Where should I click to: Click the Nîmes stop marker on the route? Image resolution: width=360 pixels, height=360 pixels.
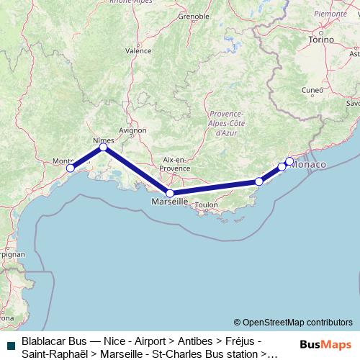[103, 147]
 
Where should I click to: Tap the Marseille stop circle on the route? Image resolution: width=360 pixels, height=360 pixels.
[169, 193]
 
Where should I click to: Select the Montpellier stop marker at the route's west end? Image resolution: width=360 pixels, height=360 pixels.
[70, 168]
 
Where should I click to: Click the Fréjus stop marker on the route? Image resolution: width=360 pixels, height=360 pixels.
[259, 181]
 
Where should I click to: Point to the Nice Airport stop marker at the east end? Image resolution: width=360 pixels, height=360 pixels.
[289, 161]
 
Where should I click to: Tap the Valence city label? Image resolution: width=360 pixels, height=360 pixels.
[138, 51]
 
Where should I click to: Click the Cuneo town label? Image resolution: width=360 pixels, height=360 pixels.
[313, 90]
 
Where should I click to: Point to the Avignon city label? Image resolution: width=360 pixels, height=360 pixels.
[132, 130]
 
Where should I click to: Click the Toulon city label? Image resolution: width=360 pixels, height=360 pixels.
[206, 205]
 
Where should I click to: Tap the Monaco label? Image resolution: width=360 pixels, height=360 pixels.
[308, 165]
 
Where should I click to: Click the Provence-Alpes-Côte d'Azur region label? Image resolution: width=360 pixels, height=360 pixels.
[230, 124]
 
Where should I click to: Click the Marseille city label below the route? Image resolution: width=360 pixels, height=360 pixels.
[169, 202]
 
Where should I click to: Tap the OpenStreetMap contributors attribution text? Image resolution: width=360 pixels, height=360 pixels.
[292, 323]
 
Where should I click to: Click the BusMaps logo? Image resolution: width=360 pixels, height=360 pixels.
[325, 345]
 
